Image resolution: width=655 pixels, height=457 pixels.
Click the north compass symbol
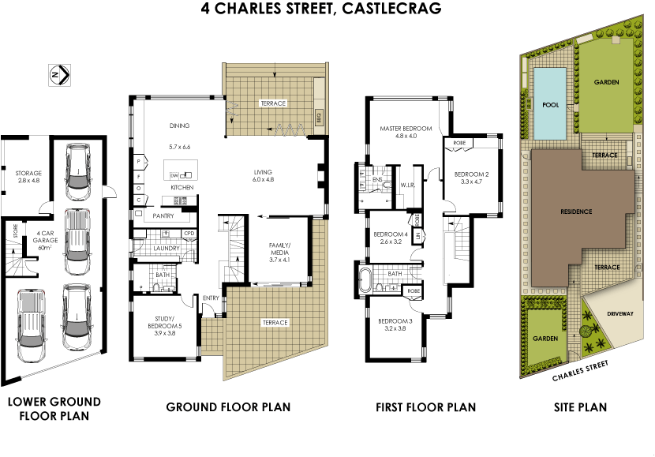point(61,74)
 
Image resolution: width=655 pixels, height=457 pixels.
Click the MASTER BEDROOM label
point(405,128)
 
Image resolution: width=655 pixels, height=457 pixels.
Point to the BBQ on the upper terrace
point(320,118)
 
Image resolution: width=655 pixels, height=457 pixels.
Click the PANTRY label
point(163,215)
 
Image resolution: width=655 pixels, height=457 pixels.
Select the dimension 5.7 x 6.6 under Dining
point(180,147)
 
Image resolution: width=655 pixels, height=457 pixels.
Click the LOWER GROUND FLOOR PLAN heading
point(54,408)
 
